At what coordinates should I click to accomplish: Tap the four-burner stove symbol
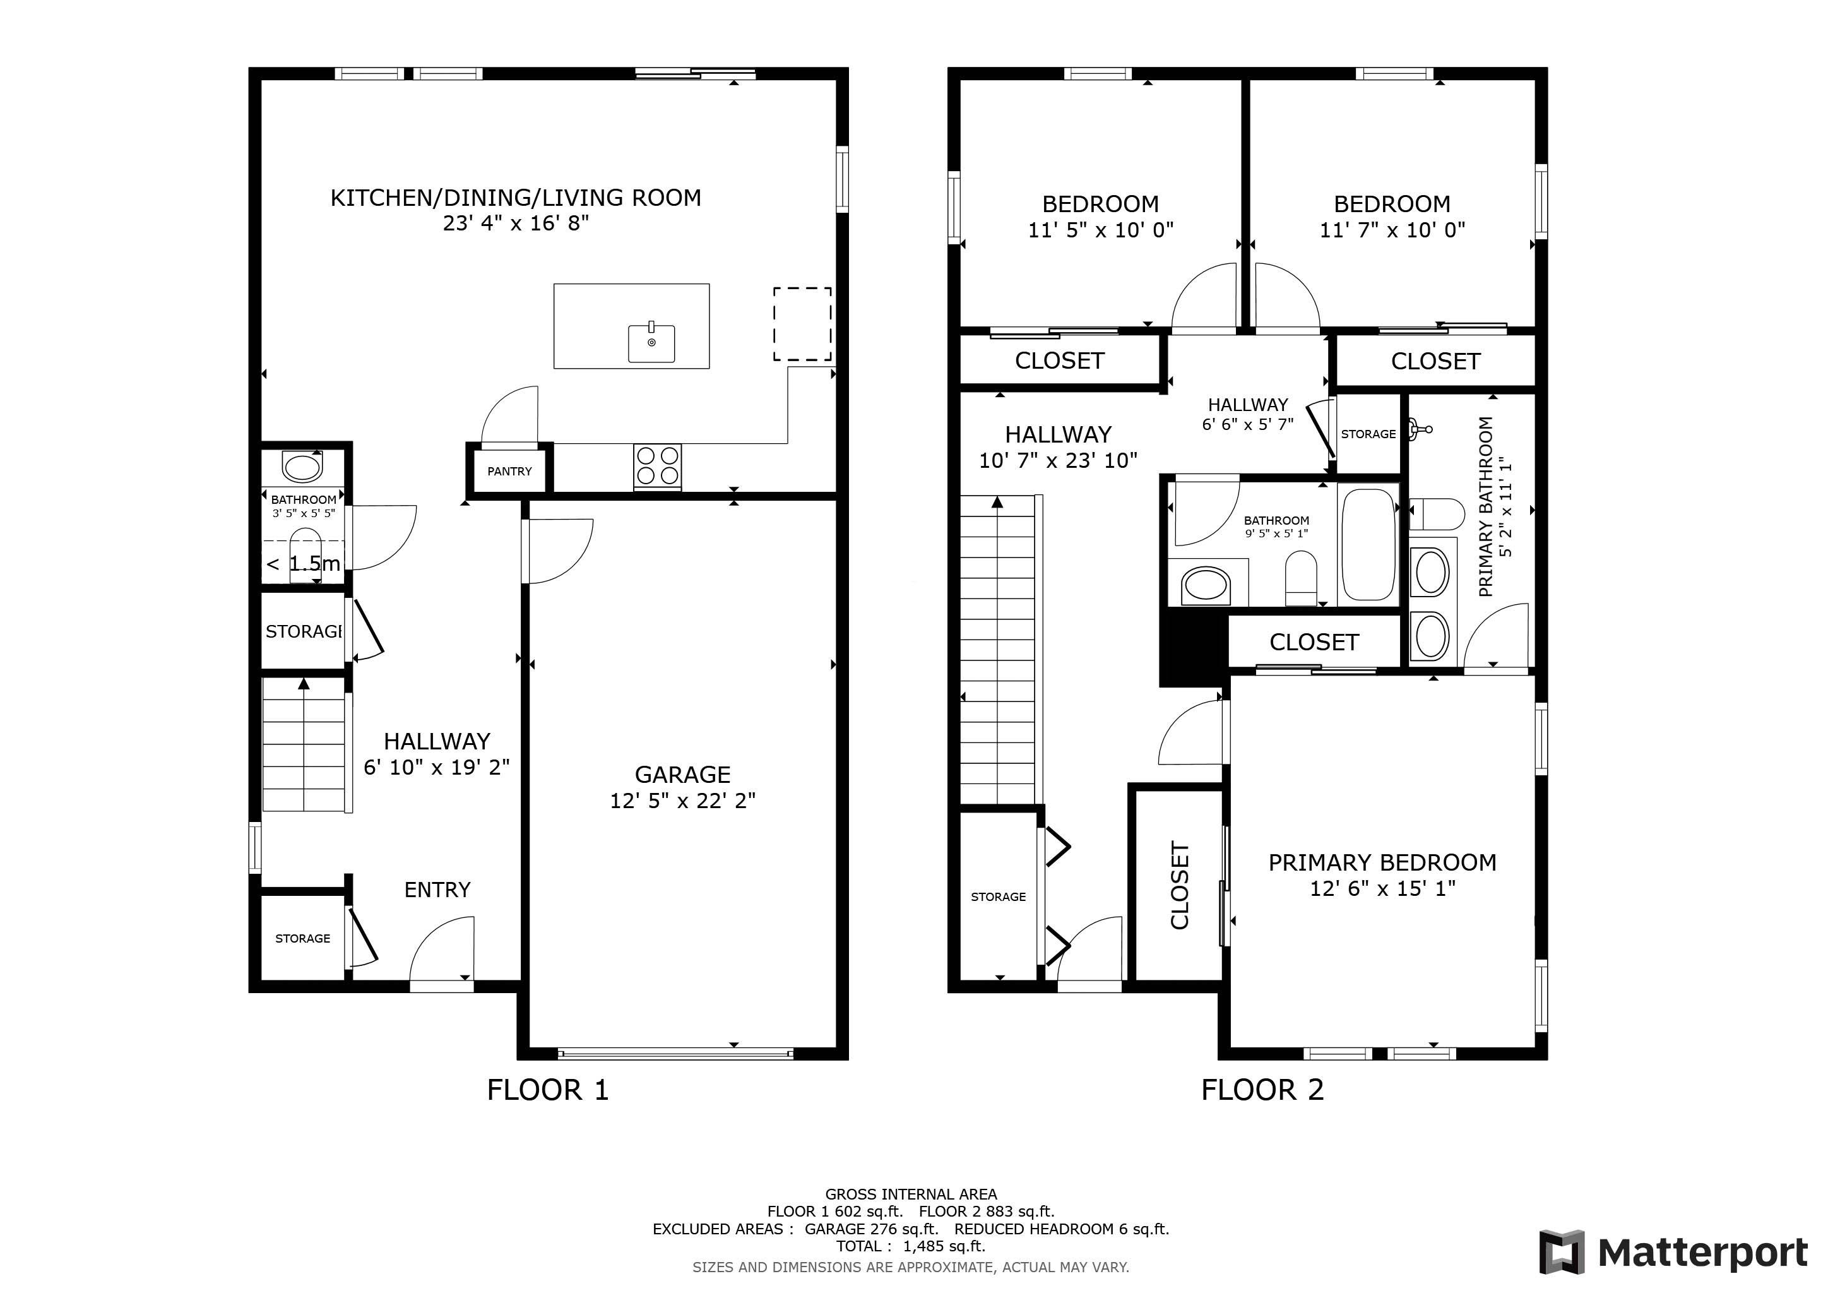click(x=658, y=466)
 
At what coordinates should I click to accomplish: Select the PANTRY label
click(x=509, y=472)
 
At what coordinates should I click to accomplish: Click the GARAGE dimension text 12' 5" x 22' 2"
click(x=682, y=800)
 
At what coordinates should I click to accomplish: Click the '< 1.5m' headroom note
click(x=304, y=564)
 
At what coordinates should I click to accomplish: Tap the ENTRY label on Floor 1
click(x=437, y=890)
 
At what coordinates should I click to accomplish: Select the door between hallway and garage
click(x=557, y=549)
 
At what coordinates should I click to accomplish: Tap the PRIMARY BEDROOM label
click(x=1382, y=862)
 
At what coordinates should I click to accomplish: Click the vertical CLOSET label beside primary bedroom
click(x=1179, y=885)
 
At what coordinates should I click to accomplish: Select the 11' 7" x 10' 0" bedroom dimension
click(x=1392, y=230)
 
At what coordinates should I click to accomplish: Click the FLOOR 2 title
click(x=1262, y=1089)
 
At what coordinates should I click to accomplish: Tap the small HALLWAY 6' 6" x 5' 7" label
click(x=1247, y=414)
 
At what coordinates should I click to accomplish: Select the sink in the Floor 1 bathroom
click(x=302, y=467)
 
